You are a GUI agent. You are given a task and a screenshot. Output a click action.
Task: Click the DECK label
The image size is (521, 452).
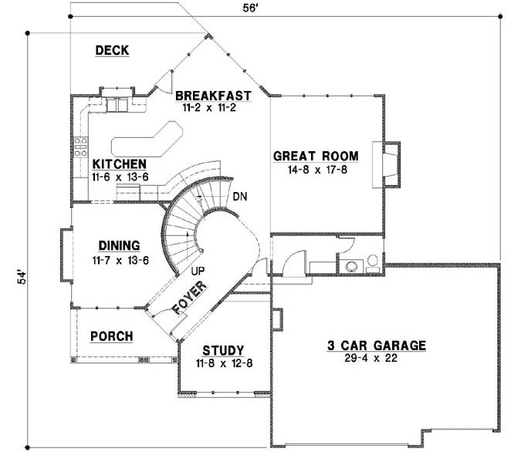(x=111, y=51)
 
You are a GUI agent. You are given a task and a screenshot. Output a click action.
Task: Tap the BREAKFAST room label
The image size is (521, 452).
(x=214, y=96)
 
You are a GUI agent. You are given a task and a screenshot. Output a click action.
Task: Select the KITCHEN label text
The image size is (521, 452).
(x=119, y=164)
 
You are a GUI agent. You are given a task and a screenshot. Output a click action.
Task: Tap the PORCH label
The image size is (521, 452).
(x=111, y=336)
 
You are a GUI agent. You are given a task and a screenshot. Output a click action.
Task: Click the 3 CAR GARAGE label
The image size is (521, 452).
(x=377, y=346)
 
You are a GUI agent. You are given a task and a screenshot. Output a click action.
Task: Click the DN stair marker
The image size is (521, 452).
(x=239, y=197)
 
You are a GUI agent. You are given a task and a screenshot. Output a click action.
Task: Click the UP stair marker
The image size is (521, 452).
(x=197, y=271)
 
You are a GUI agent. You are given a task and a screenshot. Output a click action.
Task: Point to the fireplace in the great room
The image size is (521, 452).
(x=391, y=164)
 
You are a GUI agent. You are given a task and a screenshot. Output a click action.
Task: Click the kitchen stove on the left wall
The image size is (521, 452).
(x=80, y=147)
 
